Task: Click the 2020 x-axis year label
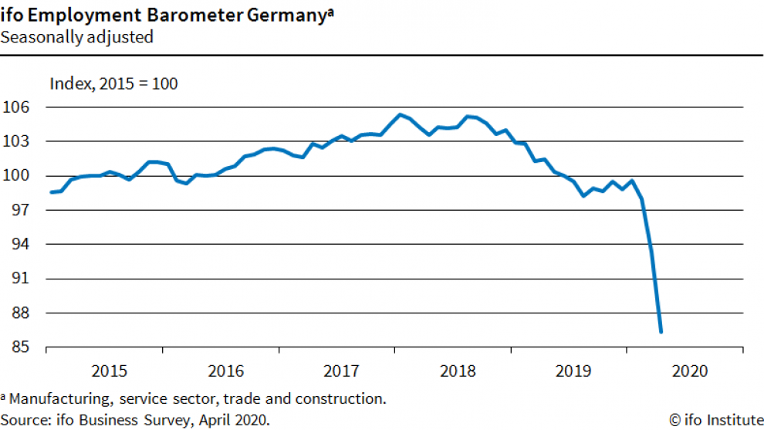coord(688,371)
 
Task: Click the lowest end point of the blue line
coord(661,332)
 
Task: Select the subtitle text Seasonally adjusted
coord(77,36)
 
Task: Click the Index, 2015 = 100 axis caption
coord(113,83)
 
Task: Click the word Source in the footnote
coord(22,420)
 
